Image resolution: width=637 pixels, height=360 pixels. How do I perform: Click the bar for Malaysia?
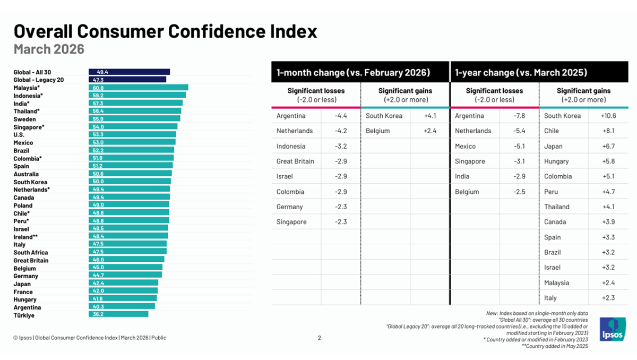138,88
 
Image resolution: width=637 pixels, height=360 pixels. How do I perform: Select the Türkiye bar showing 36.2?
118,314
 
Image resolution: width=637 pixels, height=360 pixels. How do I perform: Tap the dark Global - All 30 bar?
129,72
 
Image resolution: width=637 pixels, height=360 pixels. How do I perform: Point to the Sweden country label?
24,119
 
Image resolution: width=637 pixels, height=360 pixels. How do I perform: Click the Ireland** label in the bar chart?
26,237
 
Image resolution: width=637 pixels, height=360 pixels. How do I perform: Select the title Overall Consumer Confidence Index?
165,31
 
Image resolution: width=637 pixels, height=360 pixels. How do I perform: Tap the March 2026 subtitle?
49,49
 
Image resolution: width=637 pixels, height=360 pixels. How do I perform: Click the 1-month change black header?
353,72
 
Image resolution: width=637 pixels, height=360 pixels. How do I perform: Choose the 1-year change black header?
520,72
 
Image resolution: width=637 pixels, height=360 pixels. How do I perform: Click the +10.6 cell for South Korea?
606,116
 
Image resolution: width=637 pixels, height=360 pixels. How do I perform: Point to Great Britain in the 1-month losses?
295,161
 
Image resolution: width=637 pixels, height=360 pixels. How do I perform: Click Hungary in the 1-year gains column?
556,161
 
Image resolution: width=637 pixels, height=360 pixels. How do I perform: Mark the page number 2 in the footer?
319,338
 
